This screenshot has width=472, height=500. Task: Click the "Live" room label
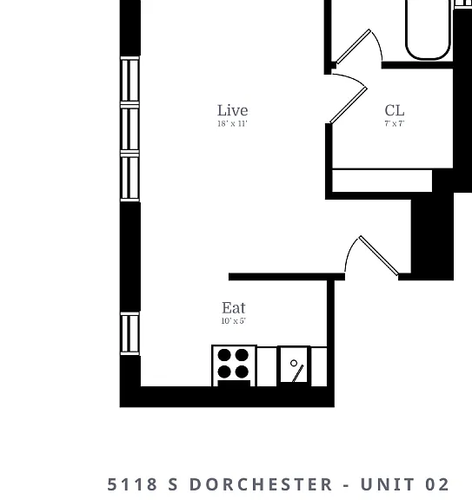(232, 110)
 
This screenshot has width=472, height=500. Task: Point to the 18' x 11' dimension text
(232, 124)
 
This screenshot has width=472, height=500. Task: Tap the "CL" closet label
(395, 110)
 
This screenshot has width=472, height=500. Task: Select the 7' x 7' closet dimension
(395, 123)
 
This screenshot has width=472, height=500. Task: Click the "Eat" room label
(234, 308)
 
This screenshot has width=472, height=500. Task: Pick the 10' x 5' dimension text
(234, 321)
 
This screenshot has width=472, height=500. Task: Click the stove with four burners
(234, 365)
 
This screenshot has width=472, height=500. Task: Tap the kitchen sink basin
(294, 365)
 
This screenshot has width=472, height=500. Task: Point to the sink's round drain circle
(294, 363)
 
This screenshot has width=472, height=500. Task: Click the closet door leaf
(349, 105)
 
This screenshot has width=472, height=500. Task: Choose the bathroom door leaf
(354, 47)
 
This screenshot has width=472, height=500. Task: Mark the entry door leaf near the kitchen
(379, 255)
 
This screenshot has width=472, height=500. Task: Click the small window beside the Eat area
(130, 333)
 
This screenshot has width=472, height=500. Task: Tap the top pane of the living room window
(130, 80)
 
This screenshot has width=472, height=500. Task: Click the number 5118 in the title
(132, 484)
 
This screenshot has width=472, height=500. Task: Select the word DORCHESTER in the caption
(262, 484)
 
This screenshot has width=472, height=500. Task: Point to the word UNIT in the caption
(388, 484)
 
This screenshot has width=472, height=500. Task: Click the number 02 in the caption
(437, 484)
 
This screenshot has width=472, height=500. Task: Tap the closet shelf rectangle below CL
(382, 181)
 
